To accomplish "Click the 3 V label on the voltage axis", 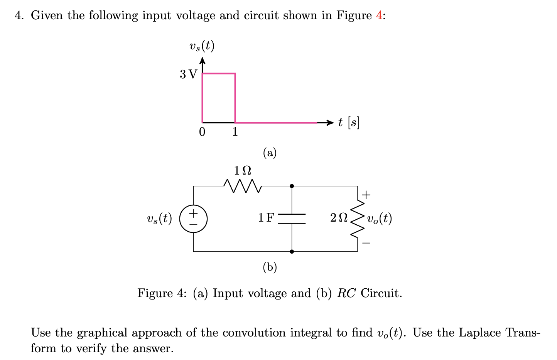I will [188, 74].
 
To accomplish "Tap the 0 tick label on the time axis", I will [202, 132].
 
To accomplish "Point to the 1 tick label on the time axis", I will [235, 132].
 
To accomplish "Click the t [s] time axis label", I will [348, 123].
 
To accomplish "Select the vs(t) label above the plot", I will [202, 47].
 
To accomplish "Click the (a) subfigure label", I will [270, 153].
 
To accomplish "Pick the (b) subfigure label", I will [270, 267].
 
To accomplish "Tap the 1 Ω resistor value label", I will [242, 170].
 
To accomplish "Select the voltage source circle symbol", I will [193, 219].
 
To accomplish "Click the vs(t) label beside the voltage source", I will [159, 219].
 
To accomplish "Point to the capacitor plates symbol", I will [292, 219].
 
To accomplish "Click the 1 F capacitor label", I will [266, 218].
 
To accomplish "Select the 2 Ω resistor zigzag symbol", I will [357, 219].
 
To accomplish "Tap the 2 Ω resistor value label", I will [339, 218].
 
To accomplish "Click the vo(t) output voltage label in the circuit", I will [380, 219].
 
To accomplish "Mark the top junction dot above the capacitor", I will [292, 186].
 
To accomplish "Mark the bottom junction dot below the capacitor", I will [292, 251].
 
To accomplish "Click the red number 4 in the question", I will [379, 15].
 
